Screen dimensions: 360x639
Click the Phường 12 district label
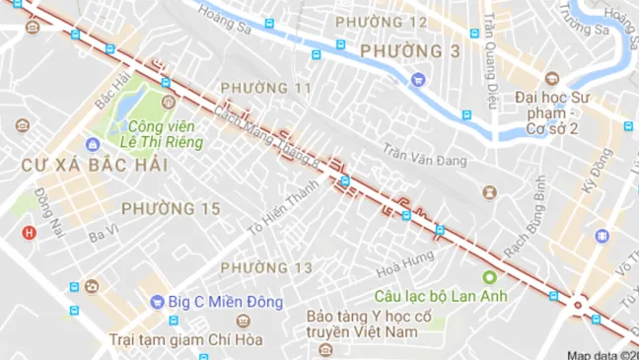tap(382, 22)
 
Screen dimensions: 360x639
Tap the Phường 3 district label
tap(396, 51)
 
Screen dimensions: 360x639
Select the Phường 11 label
tap(265, 89)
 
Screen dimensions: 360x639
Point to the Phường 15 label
tap(171, 208)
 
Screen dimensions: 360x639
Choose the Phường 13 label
tap(265, 267)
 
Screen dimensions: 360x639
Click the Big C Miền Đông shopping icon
tap(158, 302)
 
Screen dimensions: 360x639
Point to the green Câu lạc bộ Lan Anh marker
tap(488, 277)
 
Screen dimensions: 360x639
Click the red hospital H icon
tap(30, 233)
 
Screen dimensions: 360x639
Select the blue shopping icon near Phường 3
tap(418, 79)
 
